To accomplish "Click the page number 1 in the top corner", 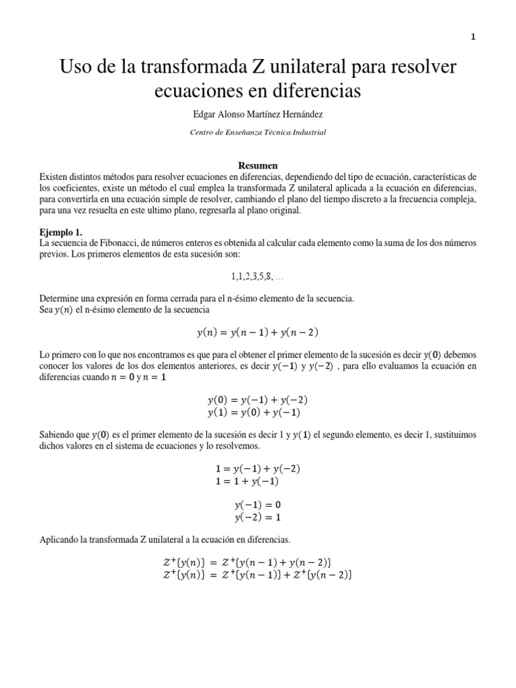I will (x=473, y=38).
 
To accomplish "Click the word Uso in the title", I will (x=77, y=67).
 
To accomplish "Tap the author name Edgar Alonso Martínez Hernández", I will (x=258, y=115).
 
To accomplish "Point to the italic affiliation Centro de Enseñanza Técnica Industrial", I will (x=258, y=132).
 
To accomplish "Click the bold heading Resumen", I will (x=258, y=165).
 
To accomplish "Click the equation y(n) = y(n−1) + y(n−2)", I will (x=258, y=332).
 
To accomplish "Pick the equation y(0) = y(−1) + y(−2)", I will (x=258, y=399).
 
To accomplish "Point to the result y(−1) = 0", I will (x=258, y=505).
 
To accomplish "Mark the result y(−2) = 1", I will (x=258, y=517).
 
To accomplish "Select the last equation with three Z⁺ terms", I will (x=258, y=574).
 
